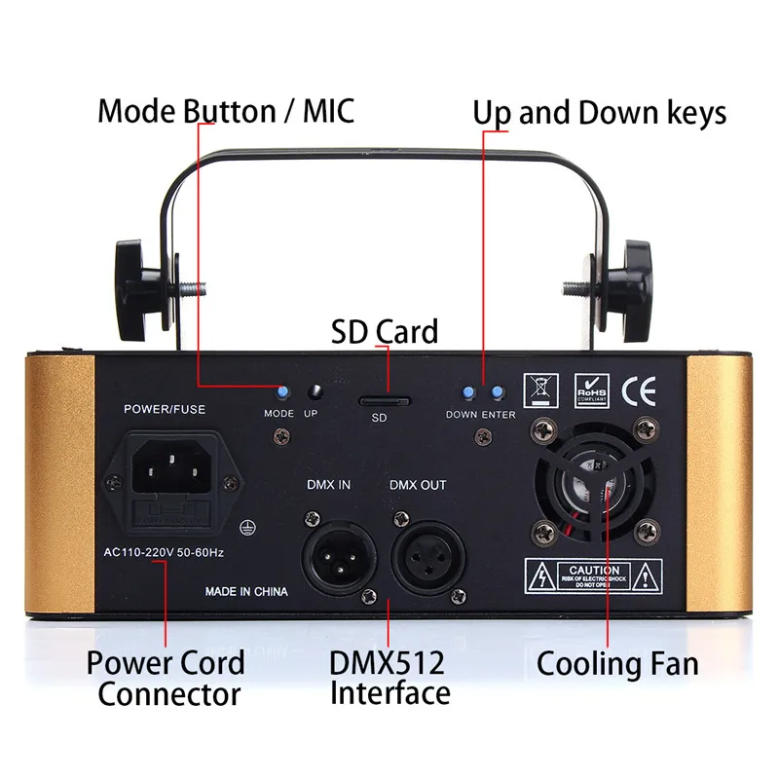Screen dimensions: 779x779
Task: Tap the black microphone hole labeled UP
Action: pos(315,393)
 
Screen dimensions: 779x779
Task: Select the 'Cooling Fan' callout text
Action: pos(617,664)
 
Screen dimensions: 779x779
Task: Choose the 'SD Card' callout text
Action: pos(385,331)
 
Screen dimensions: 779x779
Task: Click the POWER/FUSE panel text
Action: pos(165,409)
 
